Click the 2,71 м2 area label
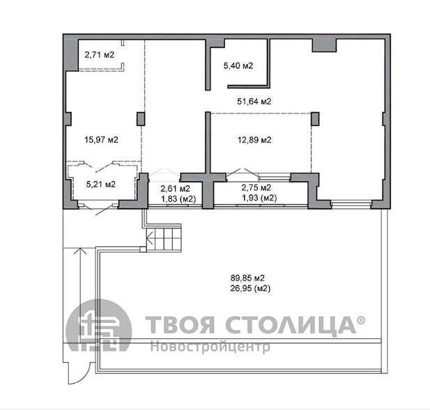click(99, 55)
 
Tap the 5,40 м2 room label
click(238, 65)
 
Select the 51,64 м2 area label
click(254, 102)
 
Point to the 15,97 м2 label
click(101, 140)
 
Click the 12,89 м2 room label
click(254, 140)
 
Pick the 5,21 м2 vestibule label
click(101, 184)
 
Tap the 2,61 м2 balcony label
click(175, 189)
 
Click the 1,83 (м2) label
click(178, 199)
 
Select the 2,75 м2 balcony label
click(256, 188)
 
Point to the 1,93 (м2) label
click(259, 198)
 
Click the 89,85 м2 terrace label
click(247, 278)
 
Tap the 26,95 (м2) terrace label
click(250, 288)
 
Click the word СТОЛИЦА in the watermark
click(291, 325)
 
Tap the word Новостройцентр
click(210, 347)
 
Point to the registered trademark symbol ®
click(361, 320)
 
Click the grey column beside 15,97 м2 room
click(141, 119)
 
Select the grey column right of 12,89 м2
click(315, 119)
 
